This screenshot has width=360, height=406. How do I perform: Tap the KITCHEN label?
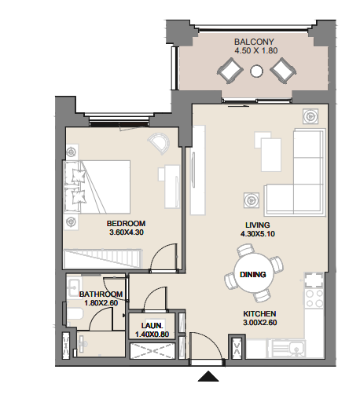click(x=259, y=312)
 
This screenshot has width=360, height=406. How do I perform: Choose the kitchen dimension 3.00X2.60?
click(x=260, y=323)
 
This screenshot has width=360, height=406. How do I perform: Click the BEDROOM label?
click(x=126, y=223)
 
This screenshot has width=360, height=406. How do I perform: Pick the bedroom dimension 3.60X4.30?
click(x=127, y=233)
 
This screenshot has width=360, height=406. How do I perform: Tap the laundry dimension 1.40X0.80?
click(x=152, y=335)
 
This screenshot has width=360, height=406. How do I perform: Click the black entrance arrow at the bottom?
click(x=208, y=377)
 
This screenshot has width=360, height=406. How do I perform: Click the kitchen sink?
click(x=296, y=348)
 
